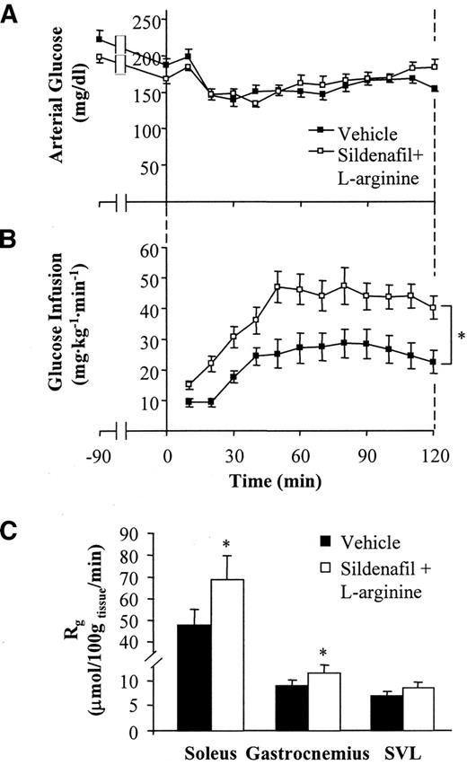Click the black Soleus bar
(x=194, y=676)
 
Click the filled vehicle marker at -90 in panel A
(x=99, y=39)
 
